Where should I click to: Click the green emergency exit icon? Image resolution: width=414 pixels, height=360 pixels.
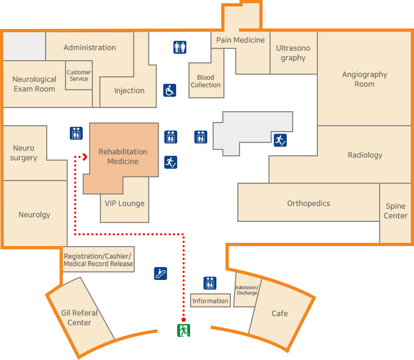tap(184, 330)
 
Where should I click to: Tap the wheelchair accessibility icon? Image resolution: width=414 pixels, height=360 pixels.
tap(170, 90)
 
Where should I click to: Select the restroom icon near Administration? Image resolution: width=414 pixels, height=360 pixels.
tap(180, 47)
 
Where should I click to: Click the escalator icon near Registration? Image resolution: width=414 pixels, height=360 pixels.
tap(160, 273)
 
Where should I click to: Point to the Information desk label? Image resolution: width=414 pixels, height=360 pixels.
tap(210, 301)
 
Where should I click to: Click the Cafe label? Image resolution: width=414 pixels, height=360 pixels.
tap(279, 313)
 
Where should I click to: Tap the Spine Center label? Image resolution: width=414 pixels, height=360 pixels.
tap(396, 211)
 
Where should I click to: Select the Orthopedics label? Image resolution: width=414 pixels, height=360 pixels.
tap(308, 203)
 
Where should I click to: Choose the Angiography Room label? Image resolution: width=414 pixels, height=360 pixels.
tap(365, 79)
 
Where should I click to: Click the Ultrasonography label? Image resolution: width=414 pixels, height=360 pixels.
tap(293, 53)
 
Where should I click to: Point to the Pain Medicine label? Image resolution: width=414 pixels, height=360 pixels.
tap(241, 40)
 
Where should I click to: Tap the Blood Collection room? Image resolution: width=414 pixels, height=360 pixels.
tap(206, 81)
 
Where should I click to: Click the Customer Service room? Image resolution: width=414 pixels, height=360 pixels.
tap(78, 75)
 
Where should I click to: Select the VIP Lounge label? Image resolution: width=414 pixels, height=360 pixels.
tap(125, 203)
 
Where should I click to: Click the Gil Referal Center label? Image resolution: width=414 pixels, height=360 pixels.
tap(79, 318)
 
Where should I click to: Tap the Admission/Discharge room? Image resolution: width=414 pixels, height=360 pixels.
tap(247, 290)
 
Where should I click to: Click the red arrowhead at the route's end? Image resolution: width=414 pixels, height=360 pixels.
tap(84, 156)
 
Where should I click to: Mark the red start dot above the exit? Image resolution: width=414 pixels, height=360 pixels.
tap(184, 318)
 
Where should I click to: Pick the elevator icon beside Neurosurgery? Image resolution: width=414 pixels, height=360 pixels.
tap(76, 133)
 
